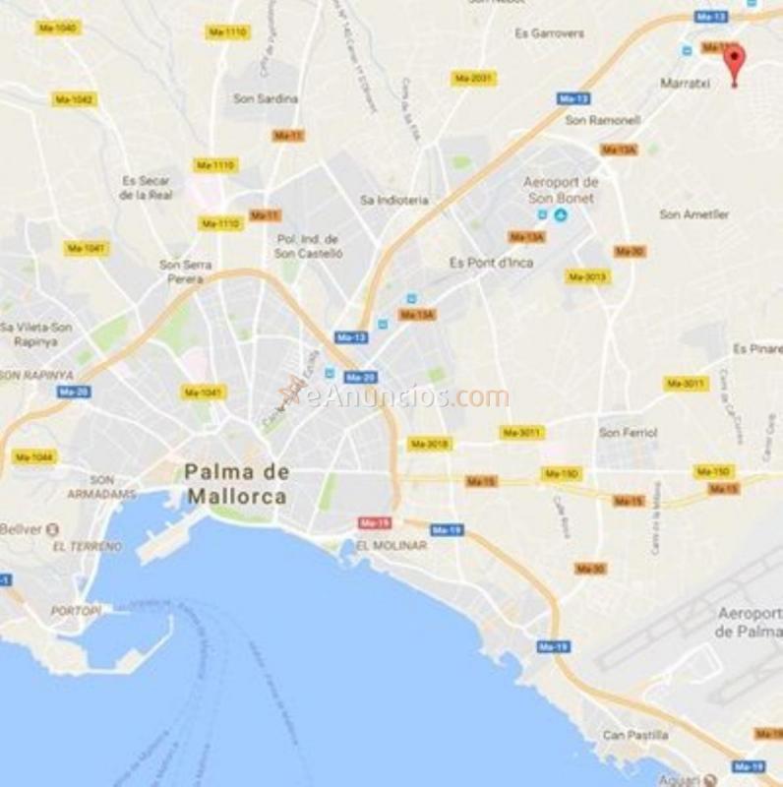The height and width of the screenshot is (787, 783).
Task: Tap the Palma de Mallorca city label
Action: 236,484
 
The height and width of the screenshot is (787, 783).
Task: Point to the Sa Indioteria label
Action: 394,200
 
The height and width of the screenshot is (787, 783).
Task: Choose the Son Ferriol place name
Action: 628,432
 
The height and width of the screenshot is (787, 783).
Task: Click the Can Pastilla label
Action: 635,735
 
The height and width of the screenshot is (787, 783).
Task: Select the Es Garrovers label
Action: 549,33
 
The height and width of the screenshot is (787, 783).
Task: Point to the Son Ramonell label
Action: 602,120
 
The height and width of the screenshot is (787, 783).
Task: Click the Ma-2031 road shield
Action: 474,78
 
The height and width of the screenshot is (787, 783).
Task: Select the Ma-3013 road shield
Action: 587,277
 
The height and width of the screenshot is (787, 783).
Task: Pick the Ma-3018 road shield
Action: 430,444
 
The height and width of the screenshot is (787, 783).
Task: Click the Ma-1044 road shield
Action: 35,457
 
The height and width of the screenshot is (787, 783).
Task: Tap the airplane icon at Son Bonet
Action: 561,214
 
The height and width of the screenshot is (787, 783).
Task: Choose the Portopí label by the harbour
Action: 76,611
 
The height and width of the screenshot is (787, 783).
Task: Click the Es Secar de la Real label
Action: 146,188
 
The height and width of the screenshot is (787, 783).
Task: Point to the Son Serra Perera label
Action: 181,272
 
